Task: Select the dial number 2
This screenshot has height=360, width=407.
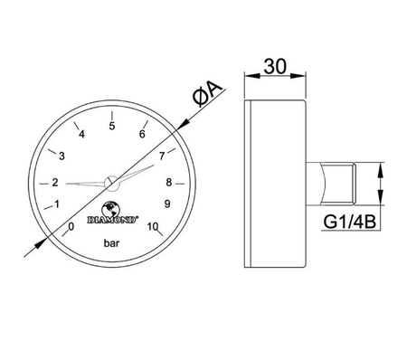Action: tap(54, 180)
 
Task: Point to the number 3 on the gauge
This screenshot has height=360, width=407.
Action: tap(62, 156)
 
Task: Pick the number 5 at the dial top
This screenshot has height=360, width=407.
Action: tap(111, 127)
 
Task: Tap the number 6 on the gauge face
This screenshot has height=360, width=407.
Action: tap(143, 135)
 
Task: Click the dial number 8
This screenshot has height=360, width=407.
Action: tap(168, 181)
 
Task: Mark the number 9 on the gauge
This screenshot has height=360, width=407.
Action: tap(167, 203)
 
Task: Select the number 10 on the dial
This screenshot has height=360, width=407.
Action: tap(153, 226)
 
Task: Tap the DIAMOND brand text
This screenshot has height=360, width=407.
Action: tap(112, 217)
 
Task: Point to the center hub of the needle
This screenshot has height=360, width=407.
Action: tap(110, 182)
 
